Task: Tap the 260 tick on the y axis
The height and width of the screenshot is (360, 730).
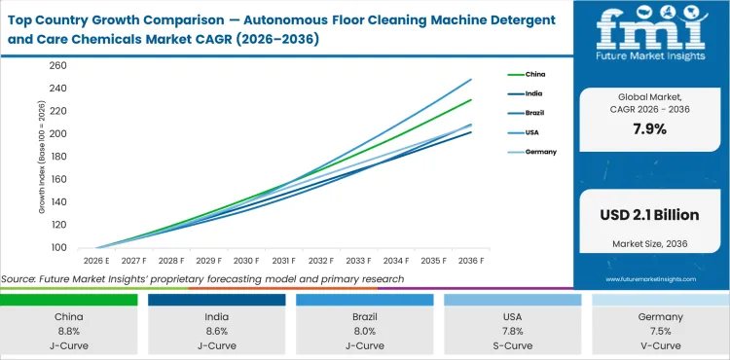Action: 57,65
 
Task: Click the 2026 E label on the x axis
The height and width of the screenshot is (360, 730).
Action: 95,261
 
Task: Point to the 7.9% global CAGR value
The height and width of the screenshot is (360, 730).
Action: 649,128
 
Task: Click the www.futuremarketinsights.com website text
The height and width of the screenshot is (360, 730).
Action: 650,277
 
